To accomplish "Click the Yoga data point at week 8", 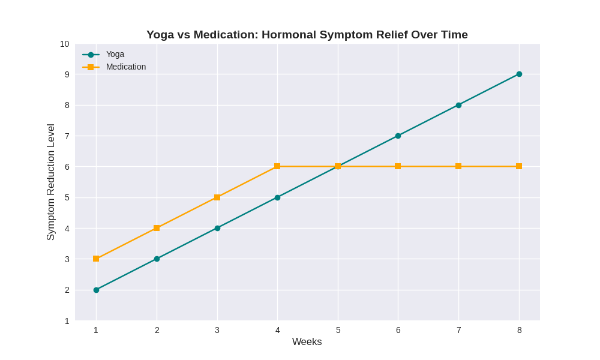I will coord(519,74).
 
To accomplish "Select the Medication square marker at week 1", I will coord(96,259).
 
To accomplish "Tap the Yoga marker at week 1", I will coord(96,290).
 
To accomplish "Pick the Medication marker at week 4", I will coord(277,166).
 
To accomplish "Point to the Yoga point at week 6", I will coord(398,136).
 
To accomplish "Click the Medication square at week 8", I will coord(519,166).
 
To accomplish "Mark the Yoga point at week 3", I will coord(217,228).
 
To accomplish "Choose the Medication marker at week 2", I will coord(157,228).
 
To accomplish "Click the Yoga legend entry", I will coord(115,54).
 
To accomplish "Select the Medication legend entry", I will coord(125,67).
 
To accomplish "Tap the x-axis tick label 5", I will coord(338,330).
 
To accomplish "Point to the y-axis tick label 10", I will coord(64,44).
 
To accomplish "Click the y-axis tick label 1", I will coord(67,321).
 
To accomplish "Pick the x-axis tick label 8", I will coord(519,330).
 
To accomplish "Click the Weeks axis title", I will coord(307,342).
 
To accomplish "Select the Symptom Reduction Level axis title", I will coord(50,182).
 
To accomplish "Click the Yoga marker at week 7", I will coord(458,105).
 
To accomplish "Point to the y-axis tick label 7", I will coord(67,136).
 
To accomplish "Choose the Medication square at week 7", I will coord(458,166).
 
